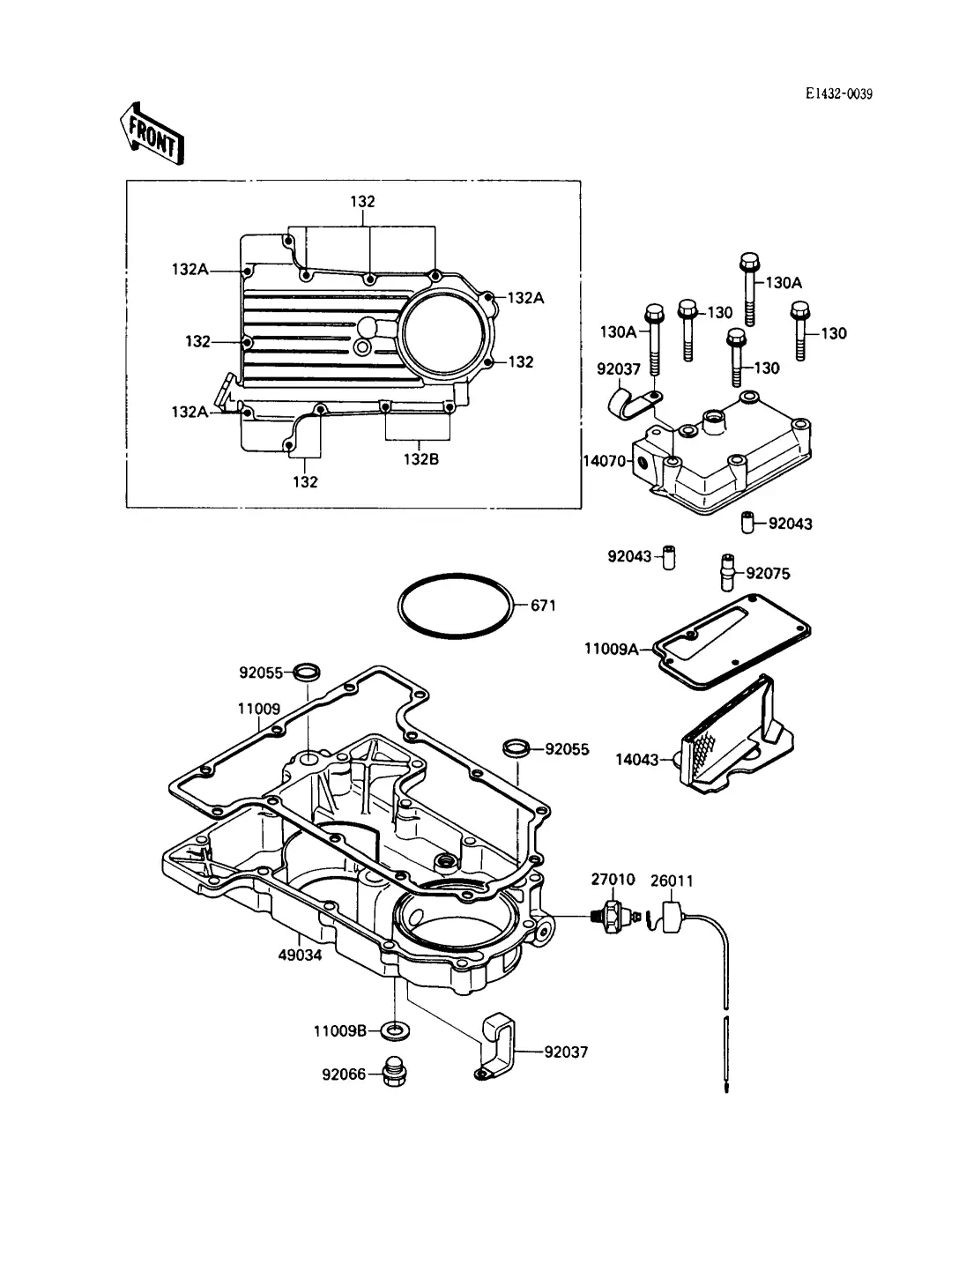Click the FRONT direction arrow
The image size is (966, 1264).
pos(152,135)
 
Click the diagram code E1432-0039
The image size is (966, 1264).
pos(839,93)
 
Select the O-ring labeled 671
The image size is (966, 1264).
pos(455,606)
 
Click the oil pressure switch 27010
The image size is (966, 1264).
pos(615,915)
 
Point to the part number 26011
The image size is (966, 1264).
pos(672,881)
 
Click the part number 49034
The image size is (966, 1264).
pos(300,955)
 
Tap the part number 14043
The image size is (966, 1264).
pos(636,760)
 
